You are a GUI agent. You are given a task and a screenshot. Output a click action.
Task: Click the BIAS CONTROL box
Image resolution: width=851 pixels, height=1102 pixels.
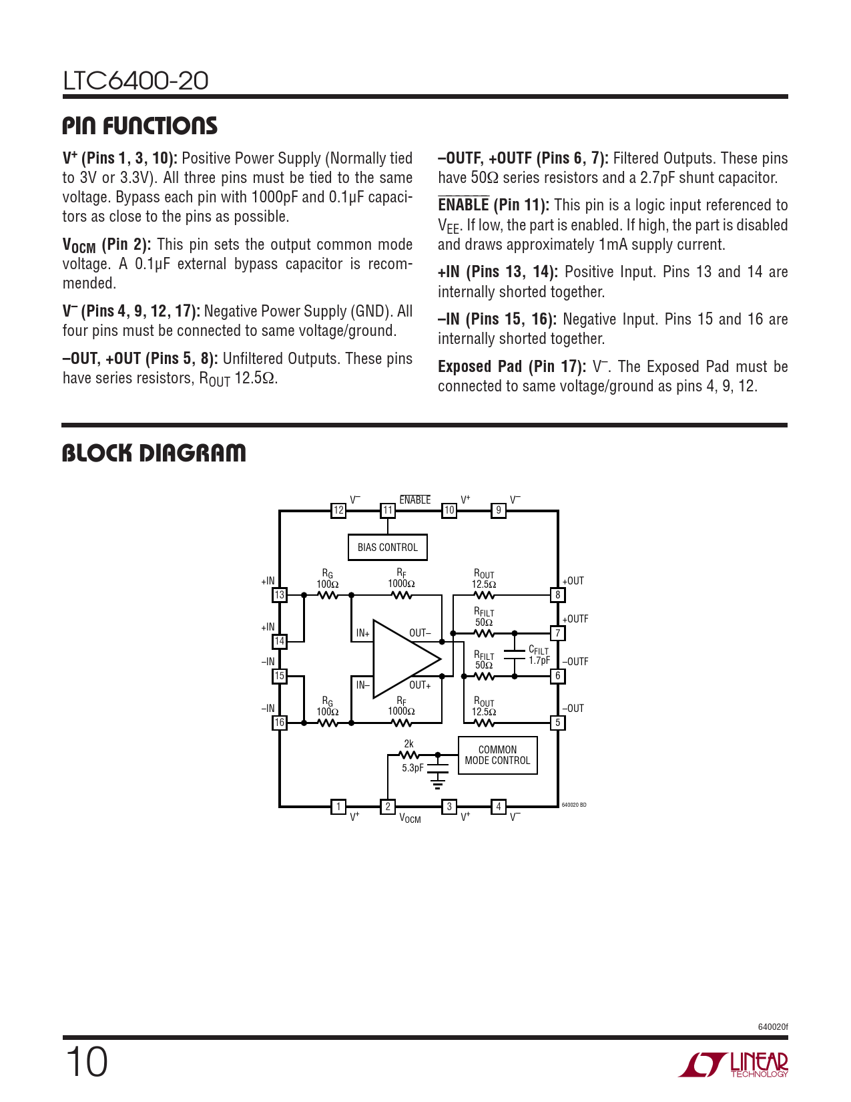[387, 547]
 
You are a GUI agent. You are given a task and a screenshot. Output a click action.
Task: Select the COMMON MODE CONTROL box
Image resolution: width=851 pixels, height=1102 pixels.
[497, 755]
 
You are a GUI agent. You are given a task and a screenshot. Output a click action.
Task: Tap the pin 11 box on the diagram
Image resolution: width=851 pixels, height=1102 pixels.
[388, 510]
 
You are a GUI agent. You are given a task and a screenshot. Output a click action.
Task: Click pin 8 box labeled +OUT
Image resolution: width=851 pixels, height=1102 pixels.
[557, 595]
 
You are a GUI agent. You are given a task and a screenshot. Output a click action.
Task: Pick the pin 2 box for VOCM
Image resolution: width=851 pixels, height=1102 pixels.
[388, 806]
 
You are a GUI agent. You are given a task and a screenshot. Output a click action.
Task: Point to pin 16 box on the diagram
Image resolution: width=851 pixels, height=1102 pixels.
[279, 722]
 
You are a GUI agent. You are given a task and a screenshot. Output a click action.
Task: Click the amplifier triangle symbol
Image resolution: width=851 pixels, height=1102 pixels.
[406, 659]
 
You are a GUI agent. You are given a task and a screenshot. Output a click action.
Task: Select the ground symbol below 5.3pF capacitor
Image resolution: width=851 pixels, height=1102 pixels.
[437, 781]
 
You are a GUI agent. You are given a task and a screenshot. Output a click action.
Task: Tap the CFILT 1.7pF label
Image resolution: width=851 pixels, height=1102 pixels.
[539, 655]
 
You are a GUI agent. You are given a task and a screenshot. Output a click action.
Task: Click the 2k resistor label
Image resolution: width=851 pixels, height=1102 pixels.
[408, 743]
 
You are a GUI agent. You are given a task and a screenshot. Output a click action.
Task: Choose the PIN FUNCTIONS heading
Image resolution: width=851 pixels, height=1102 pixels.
[140, 126]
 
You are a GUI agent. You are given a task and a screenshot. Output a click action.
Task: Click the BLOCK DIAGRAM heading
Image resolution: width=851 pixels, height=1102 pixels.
[154, 453]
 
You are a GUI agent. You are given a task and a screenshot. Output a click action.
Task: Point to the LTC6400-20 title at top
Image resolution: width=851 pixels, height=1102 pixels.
[135, 81]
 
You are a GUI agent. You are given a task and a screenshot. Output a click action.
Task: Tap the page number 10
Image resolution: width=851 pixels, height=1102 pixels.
[87, 1063]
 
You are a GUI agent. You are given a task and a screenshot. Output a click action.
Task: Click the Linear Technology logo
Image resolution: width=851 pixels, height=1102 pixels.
[733, 1065]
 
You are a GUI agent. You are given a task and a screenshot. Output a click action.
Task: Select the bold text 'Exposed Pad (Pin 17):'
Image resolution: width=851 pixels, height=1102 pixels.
[512, 367]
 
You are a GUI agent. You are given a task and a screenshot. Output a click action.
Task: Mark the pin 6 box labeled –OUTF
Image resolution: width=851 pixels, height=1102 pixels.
[557, 675]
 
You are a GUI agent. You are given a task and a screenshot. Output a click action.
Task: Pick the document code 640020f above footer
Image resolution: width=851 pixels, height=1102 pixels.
[773, 1027]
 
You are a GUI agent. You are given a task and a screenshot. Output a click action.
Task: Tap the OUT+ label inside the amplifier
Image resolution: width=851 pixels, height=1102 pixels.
[420, 685]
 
